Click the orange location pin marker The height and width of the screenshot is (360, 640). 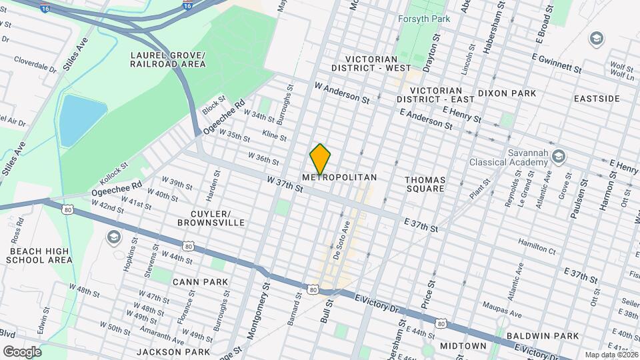[x=320, y=159]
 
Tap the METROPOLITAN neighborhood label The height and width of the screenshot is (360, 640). [x=339, y=178]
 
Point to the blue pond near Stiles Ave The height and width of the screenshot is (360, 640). [x=82, y=121]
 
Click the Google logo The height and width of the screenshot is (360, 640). [x=22, y=351]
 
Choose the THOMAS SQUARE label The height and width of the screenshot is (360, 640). [x=425, y=184]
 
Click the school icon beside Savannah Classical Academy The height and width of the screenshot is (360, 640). [x=559, y=157]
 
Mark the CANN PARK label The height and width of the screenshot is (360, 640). [x=200, y=282]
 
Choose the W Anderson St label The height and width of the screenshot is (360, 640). [x=342, y=93]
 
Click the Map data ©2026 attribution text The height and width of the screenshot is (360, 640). [x=610, y=355]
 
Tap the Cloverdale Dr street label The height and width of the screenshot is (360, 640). [x=35, y=67]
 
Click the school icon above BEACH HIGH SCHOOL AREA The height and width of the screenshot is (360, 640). [x=113, y=237]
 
